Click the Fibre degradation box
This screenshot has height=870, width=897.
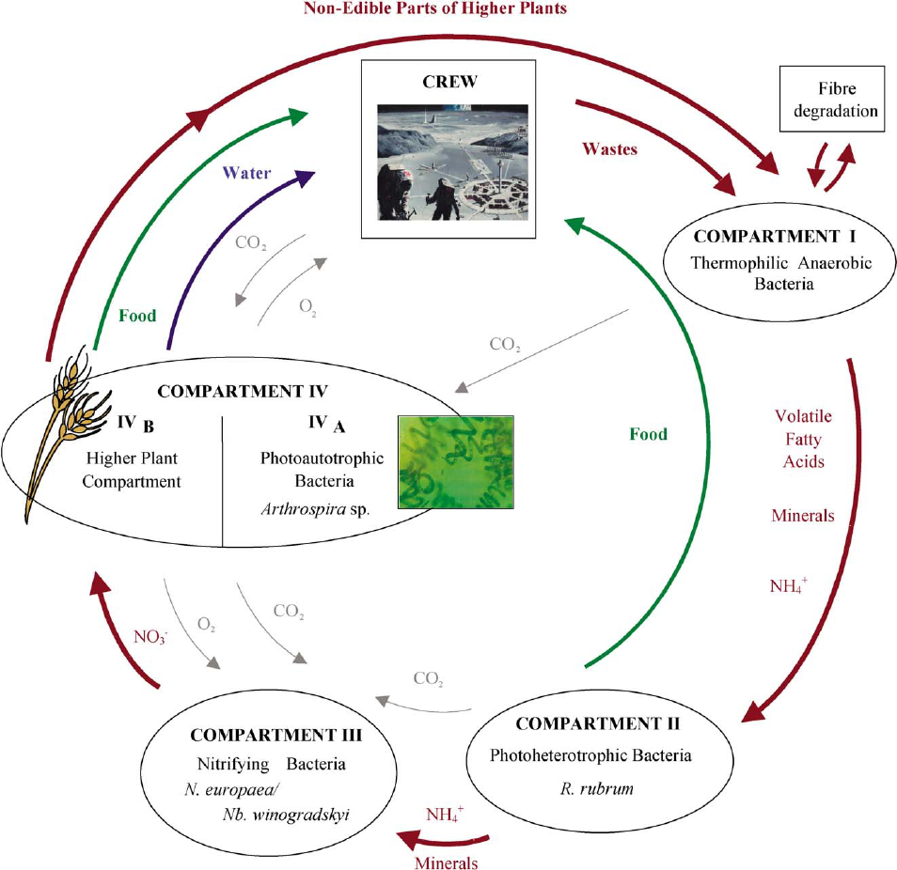point(831,101)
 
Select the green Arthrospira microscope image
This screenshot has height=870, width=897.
point(455,460)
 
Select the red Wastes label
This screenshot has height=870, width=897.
point(611,148)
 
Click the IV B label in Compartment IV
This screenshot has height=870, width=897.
point(136,426)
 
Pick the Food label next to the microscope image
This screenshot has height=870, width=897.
point(649,434)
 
